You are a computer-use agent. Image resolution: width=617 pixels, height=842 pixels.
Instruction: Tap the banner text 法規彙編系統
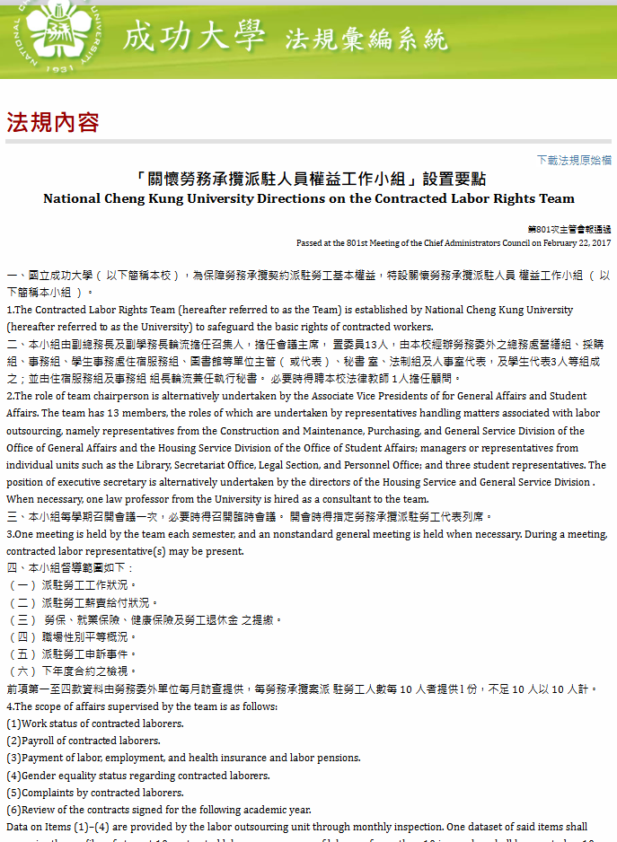366,39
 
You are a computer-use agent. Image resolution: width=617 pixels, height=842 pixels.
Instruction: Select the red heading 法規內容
53,123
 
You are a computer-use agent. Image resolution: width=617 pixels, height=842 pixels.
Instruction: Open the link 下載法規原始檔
574,160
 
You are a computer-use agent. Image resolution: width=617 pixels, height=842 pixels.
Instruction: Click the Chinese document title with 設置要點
309,179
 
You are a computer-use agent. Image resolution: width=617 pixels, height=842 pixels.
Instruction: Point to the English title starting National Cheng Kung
309,198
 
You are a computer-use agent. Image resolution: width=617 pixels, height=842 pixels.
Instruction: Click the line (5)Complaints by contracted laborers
95,793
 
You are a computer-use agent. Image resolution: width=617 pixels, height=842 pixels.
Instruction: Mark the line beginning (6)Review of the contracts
159,810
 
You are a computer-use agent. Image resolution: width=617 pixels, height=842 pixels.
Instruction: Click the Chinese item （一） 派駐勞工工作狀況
73,585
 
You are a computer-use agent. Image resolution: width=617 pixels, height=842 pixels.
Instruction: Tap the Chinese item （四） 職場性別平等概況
73,636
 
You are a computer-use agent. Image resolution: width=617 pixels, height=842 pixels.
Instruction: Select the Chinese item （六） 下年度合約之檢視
73,671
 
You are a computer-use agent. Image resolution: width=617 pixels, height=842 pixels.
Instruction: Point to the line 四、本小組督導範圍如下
69,568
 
